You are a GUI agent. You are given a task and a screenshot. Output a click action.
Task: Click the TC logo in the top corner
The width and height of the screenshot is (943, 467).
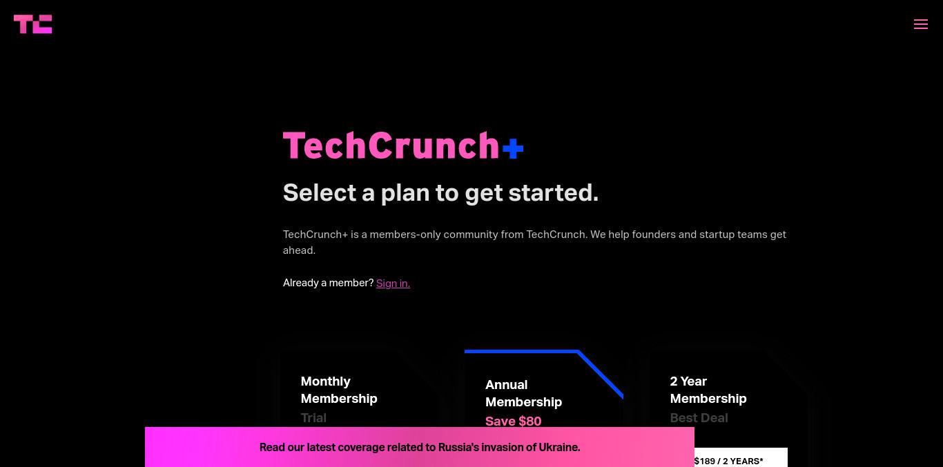point(33,24)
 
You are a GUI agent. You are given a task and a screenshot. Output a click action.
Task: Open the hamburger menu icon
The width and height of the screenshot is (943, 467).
point(921,24)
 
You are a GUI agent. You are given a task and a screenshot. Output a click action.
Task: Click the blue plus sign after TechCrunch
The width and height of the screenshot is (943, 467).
point(513,148)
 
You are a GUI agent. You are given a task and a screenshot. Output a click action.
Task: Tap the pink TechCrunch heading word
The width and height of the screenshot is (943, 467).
point(391,146)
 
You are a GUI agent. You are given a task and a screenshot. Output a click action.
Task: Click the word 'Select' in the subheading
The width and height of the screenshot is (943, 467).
point(320,193)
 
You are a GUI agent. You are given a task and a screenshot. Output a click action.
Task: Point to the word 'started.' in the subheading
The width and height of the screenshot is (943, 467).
point(553,193)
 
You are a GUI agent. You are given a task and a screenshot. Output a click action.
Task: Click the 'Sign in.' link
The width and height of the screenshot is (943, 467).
point(393,283)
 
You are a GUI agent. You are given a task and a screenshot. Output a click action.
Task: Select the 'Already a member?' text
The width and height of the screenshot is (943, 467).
point(328,283)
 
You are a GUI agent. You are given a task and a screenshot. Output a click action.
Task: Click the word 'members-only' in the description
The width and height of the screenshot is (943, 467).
point(405,235)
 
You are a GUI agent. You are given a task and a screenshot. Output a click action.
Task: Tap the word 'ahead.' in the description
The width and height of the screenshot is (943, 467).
point(299,250)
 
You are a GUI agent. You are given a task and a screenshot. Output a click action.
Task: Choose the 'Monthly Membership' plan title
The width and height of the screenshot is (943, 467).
point(339,390)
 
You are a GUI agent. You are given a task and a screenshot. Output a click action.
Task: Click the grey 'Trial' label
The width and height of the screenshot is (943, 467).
point(313,418)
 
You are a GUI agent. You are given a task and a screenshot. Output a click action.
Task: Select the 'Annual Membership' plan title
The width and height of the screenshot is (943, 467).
point(524,393)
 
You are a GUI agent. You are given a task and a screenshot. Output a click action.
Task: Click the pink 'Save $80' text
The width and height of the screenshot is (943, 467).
point(513,421)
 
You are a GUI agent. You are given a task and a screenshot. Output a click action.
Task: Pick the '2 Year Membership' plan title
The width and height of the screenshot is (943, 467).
point(708,390)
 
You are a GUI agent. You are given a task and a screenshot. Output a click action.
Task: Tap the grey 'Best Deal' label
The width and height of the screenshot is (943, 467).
point(699,418)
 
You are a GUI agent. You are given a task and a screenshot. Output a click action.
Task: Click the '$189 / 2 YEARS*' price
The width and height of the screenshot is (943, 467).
point(729,461)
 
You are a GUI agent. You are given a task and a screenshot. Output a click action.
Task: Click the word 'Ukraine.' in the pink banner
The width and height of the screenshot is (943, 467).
point(559,447)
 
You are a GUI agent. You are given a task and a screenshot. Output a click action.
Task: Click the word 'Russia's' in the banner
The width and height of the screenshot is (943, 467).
point(458,447)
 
